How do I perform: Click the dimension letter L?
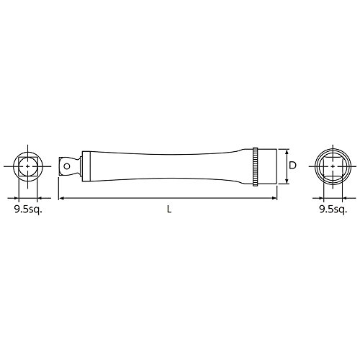(169, 210)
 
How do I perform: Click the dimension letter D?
(292, 165)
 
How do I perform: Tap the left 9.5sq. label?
(28, 210)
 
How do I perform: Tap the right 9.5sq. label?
(333, 210)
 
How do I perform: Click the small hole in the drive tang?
(67, 166)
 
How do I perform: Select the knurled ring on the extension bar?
(255, 166)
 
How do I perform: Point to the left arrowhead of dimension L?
(61, 198)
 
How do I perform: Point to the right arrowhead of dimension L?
(274, 198)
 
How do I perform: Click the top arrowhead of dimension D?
(287, 151)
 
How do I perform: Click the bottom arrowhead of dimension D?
(287, 181)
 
